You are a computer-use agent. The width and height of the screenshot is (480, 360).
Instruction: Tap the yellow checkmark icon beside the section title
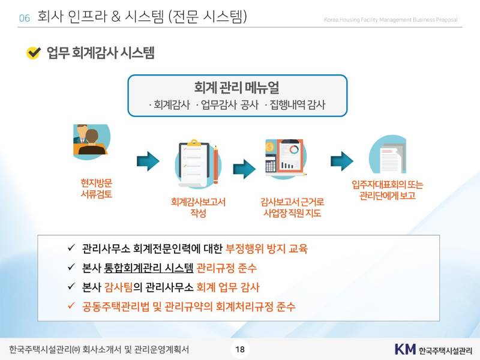(34, 53)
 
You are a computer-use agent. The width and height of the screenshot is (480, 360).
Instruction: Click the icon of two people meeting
(91, 143)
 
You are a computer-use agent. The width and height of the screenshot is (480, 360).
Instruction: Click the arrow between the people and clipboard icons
(148, 160)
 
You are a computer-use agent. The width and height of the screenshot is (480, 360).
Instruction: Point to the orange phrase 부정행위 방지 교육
(270, 248)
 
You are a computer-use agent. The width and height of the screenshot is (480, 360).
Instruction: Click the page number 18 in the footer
(239, 349)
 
